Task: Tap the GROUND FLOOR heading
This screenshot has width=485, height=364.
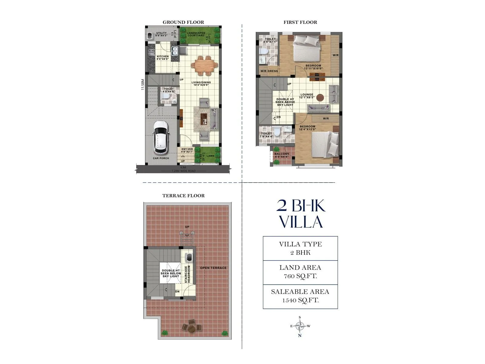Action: (183, 22)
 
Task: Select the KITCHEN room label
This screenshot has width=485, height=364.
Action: (163, 57)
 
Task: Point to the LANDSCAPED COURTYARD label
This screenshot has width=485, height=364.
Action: (196, 34)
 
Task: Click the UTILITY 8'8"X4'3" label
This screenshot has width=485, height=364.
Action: (161, 34)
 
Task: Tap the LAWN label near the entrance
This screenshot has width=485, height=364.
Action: (210, 156)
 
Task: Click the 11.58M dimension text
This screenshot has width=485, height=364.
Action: (143, 85)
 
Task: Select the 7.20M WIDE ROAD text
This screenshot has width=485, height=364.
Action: (183, 171)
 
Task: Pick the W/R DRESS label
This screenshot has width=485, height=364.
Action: (269, 71)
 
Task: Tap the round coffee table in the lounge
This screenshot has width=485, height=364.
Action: (320, 98)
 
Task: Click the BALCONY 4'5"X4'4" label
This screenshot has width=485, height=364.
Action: (282, 155)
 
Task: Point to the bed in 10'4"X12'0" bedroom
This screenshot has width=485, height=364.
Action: (326, 144)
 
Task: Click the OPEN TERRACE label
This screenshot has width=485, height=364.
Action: (213, 268)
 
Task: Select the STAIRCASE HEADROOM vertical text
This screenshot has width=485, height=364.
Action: (187, 274)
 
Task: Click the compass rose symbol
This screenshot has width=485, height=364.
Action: (300, 326)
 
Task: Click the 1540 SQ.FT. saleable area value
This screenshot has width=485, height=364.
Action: (300, 301)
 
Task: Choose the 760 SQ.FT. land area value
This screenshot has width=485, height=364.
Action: (300, 276)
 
